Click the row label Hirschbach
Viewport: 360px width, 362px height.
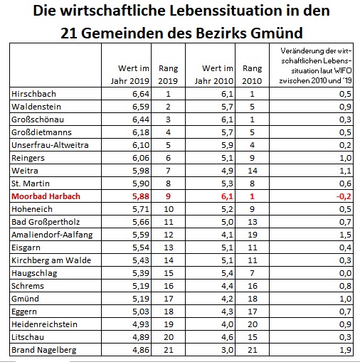(33, 94)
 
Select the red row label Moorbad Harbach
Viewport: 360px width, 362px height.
(46, 196)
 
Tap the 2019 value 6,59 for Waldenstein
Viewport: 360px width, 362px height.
(141, 107)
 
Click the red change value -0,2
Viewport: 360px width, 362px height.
(344, 196)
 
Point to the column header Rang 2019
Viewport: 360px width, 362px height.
(168, 75)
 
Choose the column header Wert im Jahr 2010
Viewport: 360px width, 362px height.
(214, 75)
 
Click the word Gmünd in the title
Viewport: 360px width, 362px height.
(277, 33)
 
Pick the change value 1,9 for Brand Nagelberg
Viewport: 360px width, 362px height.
(345, 350)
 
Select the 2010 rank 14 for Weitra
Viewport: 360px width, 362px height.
(253, 171)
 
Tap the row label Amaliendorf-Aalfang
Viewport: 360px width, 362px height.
(52, 235)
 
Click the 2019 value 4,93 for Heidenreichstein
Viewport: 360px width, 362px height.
(141, 324)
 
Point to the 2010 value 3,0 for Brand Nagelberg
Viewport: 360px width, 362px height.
(228, 350)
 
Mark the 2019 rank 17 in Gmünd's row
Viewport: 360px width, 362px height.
(169, 299)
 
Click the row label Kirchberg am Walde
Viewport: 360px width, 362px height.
(51, 260)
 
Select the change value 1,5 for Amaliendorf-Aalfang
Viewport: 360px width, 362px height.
(345, 235)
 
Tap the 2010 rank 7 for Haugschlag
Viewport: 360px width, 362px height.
(252, 273)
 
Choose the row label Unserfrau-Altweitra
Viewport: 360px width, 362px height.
(50, 145)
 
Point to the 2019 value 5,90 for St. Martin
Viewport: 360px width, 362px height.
(141, 183)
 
